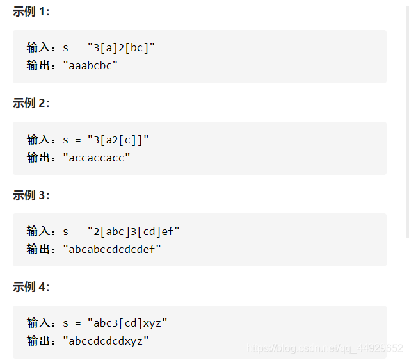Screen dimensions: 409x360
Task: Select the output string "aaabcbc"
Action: click(x=90, y=65)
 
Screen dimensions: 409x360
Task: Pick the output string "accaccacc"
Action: click(x=97, y=157)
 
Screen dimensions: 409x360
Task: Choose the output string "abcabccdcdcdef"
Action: click(x=112, y=249)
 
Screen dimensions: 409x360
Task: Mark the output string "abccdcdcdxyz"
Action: click(x=106, y=340)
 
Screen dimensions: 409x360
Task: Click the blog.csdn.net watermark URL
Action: click(x=325, y=348)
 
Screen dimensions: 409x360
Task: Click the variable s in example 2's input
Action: click(x=66, y=139)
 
